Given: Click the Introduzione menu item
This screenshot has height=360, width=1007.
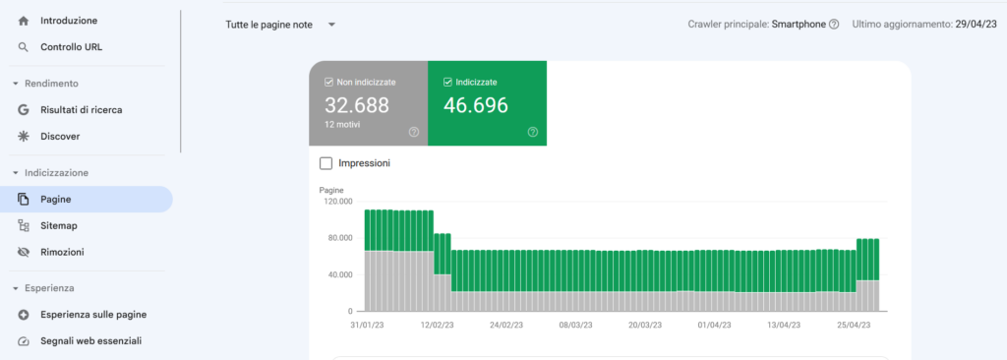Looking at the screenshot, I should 68,20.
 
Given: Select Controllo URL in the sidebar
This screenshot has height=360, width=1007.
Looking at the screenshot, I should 71,46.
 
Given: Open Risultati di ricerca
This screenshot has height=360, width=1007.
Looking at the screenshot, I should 81,110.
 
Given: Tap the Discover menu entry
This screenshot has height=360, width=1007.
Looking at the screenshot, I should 60,137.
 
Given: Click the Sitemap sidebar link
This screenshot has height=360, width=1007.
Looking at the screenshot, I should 58,225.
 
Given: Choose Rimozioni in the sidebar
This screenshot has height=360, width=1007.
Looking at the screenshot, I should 61,252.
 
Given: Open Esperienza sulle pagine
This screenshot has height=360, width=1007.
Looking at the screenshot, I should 93,315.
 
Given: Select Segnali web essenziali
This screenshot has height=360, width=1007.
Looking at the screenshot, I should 90,341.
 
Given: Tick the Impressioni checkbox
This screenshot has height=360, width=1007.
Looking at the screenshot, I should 326,163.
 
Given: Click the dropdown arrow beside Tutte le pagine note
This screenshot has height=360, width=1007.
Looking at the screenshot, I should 331,25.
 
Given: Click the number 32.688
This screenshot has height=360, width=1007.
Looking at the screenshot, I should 357,105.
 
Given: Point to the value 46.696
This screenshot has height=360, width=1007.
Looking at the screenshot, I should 476,105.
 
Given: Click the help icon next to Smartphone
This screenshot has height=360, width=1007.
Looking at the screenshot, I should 834,25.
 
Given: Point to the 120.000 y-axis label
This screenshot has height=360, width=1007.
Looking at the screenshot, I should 338,202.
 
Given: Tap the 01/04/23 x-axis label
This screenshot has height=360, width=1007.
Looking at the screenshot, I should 715,324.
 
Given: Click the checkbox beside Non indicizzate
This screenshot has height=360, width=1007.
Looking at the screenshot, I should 329,82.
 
